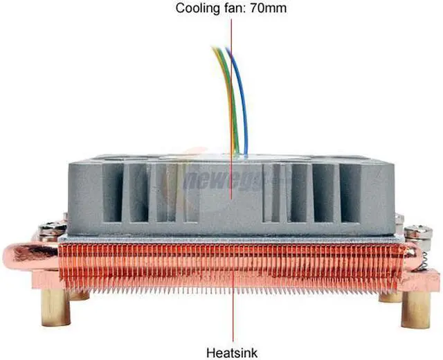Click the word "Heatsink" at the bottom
click(231, 352)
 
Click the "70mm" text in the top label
click(269, 9)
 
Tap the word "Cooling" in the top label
click(199, 9)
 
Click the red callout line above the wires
click(231, 31)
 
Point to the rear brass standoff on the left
click(79, 296)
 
